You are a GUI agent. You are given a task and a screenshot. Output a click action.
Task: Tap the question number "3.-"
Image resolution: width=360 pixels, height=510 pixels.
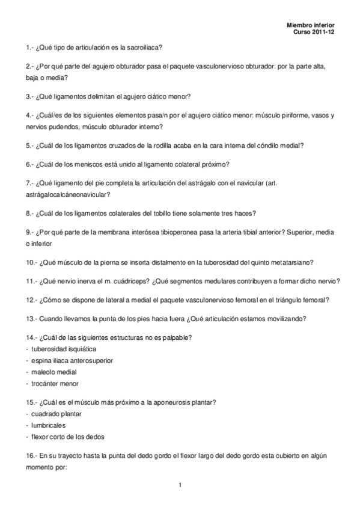coord(30,96)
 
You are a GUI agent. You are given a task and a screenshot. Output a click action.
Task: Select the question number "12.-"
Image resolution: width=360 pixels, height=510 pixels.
coord(32,300)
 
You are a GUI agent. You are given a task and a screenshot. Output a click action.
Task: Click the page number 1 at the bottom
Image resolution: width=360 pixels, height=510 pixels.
coord(180,485)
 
